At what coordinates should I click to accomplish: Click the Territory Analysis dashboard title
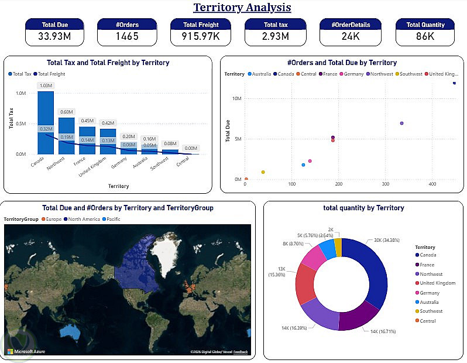pyautogui.click(x=242, y=8)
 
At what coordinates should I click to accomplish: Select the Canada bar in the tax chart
pyautogui.click(x=46, y=123)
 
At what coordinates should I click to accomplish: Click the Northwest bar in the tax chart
pyautogui.click(x=66, y=136)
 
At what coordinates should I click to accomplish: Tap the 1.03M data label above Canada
pyautogui.click(x=46, y=86)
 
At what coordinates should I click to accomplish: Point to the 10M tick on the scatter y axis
pyautogui.click(x=237, y=98)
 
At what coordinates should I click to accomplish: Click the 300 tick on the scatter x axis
pyautogui.click(x=386, y=184)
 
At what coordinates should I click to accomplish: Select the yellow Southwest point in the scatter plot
pyautogui.click(x=263, y=172)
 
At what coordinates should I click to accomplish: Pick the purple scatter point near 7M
pyautogui.click(x=401, y=124)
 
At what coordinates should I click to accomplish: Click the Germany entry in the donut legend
pyautogui.click(x=430, y=293)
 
